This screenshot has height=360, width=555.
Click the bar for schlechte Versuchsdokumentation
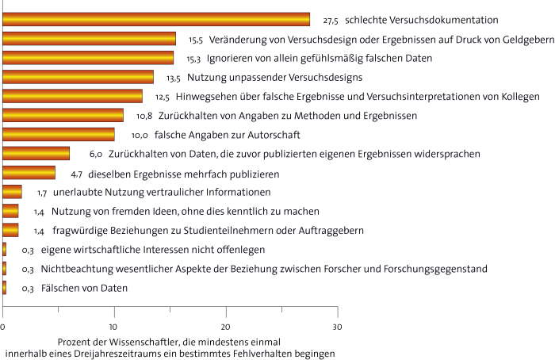156,19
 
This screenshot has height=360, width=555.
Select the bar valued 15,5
90,38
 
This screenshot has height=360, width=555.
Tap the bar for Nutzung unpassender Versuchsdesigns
78,77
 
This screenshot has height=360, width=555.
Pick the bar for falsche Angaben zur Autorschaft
59,135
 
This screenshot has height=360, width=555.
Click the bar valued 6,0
36,154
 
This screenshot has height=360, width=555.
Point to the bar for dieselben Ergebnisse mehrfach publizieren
29,173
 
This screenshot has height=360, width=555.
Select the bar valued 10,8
63,116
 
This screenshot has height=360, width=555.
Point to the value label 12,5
163,97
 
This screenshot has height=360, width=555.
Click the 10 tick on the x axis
114,326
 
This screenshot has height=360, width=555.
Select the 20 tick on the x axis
226,326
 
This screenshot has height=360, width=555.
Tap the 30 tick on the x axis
337,326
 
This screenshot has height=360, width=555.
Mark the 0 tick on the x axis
3,326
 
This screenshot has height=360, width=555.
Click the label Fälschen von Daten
84,289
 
